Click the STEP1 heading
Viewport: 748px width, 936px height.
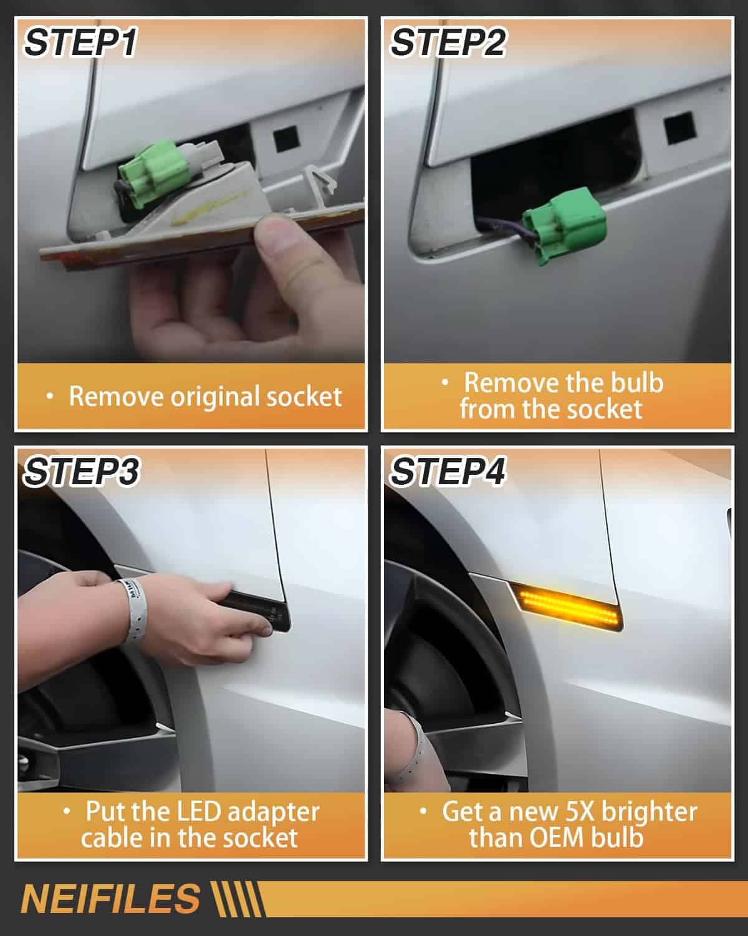80,42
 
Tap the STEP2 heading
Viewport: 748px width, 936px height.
448,42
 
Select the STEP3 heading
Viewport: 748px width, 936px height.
82,472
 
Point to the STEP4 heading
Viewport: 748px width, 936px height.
448,472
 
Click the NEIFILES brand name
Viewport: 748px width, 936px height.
110,899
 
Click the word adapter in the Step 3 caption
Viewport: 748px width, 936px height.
274,812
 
